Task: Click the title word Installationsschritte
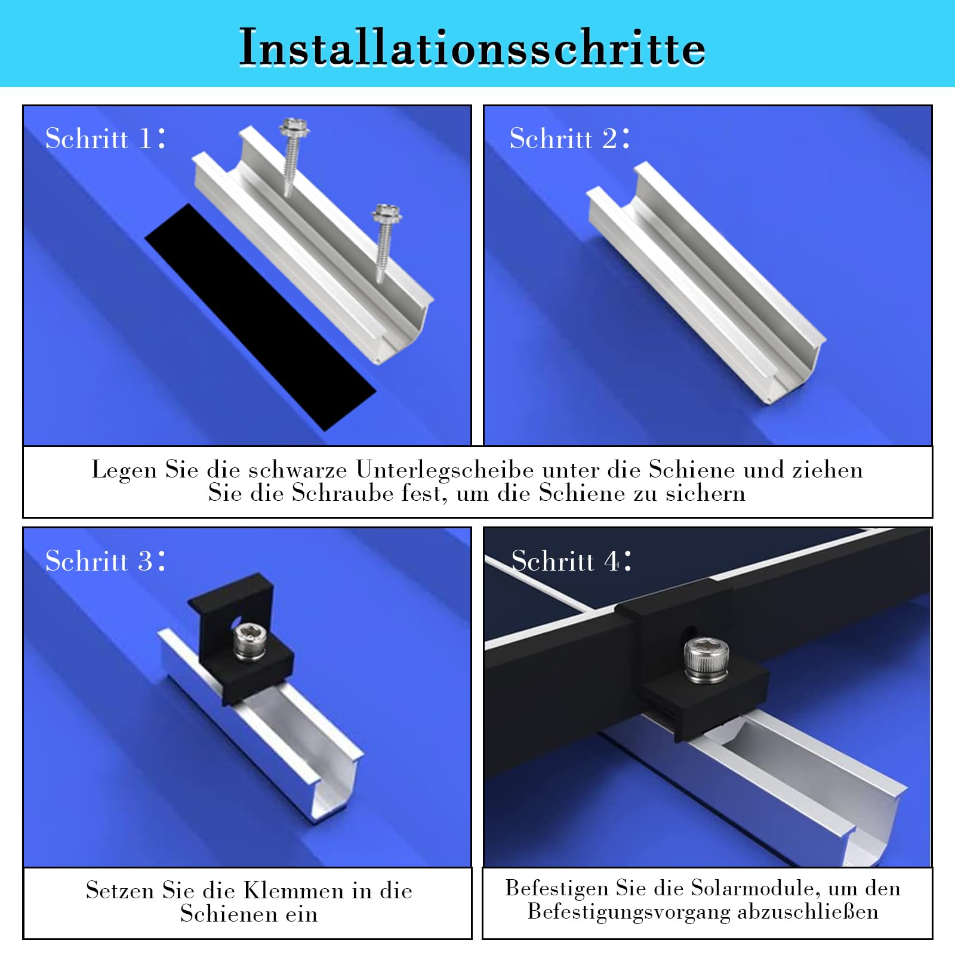472,47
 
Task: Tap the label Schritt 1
105,138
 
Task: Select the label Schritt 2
569,138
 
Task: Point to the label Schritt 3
105,560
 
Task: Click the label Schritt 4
571,560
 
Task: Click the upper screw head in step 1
294,127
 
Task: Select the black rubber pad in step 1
260,317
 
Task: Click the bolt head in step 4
705,661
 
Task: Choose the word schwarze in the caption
298,470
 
